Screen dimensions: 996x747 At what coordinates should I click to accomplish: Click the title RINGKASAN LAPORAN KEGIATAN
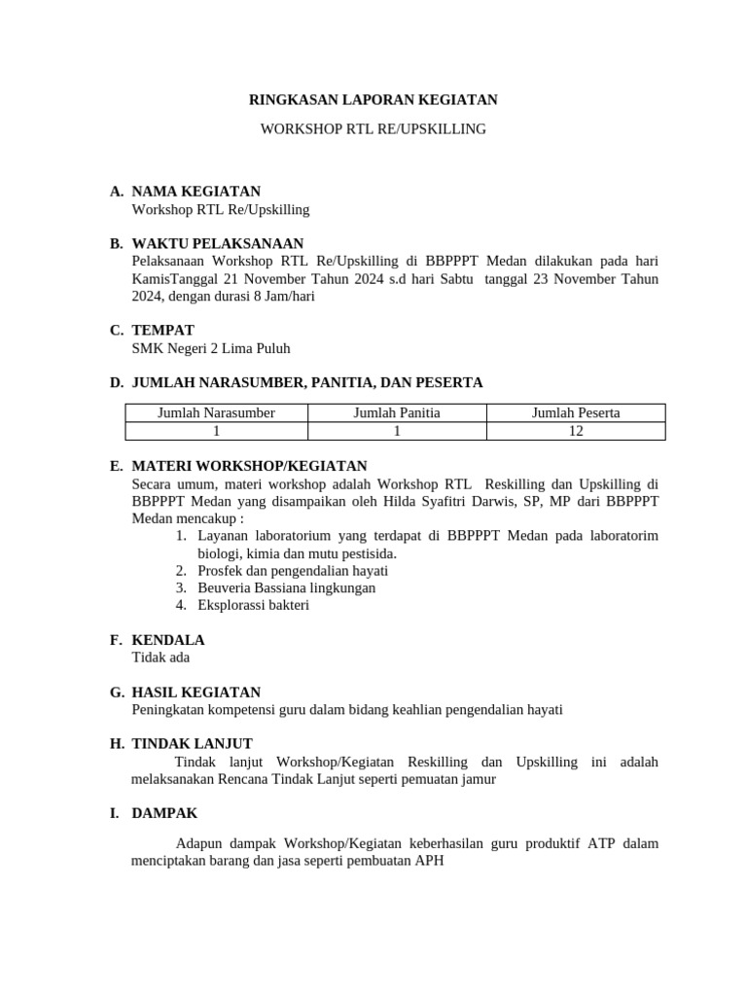[x=373, y=99]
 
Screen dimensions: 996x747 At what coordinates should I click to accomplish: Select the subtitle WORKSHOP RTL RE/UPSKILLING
[x=373, y=128]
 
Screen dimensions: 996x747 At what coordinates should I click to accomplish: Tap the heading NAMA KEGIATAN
[x=196, y=192]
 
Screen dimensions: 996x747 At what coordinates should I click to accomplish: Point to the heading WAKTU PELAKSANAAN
[x=217, y=243]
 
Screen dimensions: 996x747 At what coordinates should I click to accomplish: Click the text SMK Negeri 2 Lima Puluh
[x=210, y=347]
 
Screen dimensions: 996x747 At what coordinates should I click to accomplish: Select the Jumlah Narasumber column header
[x=216, y=412]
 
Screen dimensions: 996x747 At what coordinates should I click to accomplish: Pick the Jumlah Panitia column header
[x=397, y=412]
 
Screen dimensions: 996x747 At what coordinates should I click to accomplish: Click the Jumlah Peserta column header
[x=576, y=412]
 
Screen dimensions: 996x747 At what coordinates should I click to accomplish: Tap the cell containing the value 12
[x=576, y=431]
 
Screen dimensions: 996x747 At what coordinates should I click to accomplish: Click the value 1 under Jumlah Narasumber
[x=216, y=431]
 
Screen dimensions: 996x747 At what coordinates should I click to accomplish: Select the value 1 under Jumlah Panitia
[x=397, y=431]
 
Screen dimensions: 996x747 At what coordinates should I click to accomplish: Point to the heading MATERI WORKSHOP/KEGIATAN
[x=249, y=467]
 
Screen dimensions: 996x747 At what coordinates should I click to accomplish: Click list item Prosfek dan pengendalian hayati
[x=292, y=570]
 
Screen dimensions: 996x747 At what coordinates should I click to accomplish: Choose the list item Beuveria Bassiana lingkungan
[x=286, y=587]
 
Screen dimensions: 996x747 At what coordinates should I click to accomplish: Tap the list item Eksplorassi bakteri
[x=253, y=605]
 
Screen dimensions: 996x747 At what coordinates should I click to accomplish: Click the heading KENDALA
[x=167, y=640]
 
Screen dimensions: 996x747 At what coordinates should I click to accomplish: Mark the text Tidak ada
[x=160, y=658]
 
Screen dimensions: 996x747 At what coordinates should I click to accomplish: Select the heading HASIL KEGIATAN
[x=196, y=693]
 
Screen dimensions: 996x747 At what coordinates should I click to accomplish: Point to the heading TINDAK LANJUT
[x=192, y=744]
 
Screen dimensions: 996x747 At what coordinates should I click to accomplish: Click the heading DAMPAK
[x=163, y=813]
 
